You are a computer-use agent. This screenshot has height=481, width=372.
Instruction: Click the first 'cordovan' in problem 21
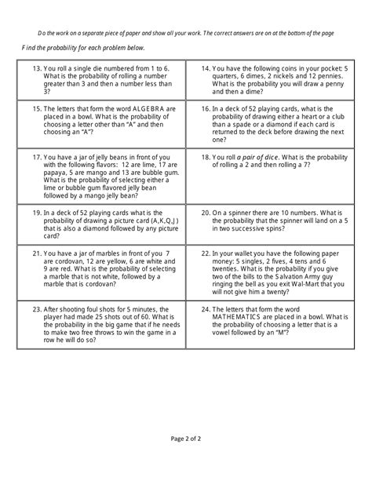point(55,262)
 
